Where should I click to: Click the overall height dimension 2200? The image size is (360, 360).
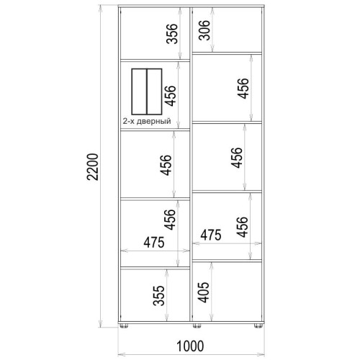(93, 167)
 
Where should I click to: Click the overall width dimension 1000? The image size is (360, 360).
(190, 346)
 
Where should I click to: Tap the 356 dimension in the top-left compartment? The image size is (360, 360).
(172, 34)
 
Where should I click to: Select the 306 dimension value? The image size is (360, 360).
(204, 30)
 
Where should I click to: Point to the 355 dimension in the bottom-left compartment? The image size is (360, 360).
(159, 295)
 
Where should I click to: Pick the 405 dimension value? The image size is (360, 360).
(203, 292)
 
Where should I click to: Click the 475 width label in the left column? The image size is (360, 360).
(154, 242)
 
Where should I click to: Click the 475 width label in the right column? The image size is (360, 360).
(211, 235)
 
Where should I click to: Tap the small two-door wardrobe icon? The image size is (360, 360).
(147, 91)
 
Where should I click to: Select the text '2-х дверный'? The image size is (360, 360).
(147, 121)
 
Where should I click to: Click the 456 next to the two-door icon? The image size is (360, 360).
(170, 96)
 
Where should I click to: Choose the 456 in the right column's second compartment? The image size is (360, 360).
(243, 88)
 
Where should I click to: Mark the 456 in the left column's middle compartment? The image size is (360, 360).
(166, 165)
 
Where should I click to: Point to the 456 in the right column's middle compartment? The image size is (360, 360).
(237, 158)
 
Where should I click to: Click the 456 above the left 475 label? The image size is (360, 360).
(170, 220)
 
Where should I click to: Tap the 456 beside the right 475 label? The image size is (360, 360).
(241, 227)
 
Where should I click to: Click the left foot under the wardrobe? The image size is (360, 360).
(124, 325)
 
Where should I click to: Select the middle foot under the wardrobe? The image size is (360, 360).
(197, 325)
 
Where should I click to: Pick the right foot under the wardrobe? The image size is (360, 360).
(258, 325)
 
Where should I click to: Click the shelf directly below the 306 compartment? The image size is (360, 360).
(227, 53)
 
